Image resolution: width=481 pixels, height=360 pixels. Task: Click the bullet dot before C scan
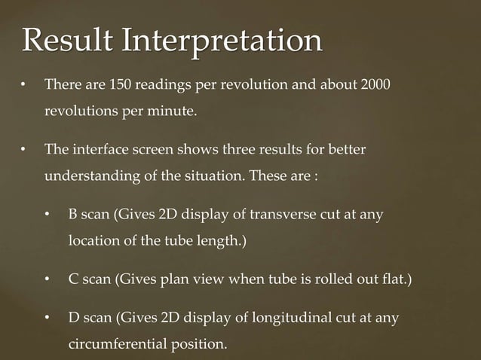click(x=47, y=282)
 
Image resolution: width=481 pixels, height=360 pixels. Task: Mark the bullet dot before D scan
click(x=47, y=319)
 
